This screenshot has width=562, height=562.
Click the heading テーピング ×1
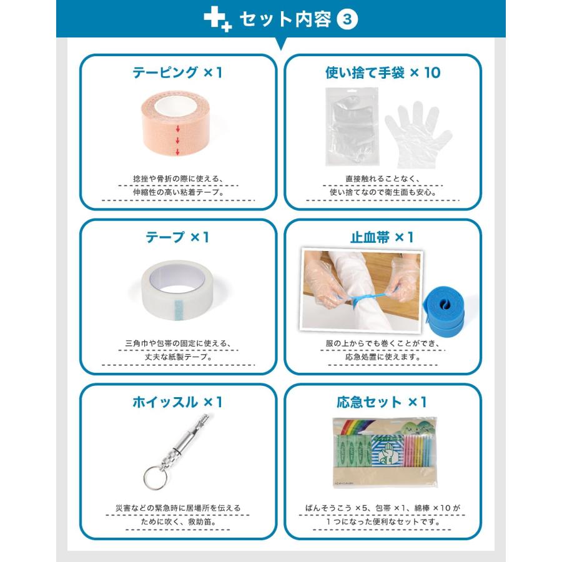point(178,72)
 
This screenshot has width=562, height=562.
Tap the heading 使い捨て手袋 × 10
point(383,72)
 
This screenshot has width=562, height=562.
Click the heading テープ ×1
point(178,237)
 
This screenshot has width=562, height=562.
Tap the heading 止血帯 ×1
point(383,237)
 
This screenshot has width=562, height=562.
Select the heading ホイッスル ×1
point(178,402)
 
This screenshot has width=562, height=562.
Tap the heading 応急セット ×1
point(383,402)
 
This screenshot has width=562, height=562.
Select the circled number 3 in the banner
point(347,19)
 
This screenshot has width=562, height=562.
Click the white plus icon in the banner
point(217,19)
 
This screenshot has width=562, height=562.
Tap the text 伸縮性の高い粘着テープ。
point(178,192)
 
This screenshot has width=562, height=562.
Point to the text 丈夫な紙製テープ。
point(178,358)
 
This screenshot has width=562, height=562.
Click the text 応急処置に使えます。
point(383,358)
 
